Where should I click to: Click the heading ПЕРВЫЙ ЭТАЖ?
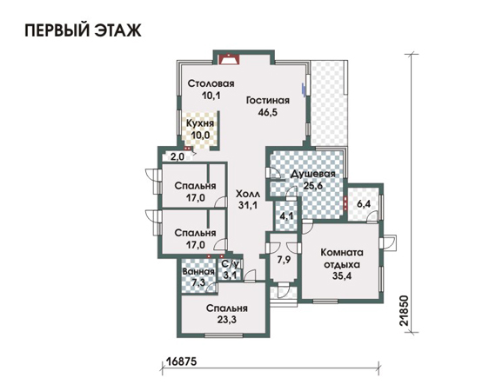(83, 30)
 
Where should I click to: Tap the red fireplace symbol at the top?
(229, 59)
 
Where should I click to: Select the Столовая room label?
(211, 83)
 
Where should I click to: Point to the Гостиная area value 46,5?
(268, 112)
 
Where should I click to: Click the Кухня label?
(200, 123)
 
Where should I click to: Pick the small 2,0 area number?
(178, 156)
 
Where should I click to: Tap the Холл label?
(248, 194)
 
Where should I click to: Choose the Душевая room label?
(312, 174)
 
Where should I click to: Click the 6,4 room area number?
(364, 204)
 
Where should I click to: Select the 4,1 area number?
(286, 215)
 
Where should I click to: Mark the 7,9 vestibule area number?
(284, 259)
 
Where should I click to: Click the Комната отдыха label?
(342, 258)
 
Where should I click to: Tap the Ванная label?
(198, 271)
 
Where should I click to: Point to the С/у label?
(231, 264)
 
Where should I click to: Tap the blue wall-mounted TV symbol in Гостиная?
(303, 89)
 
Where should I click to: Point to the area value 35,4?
(342, 275)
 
